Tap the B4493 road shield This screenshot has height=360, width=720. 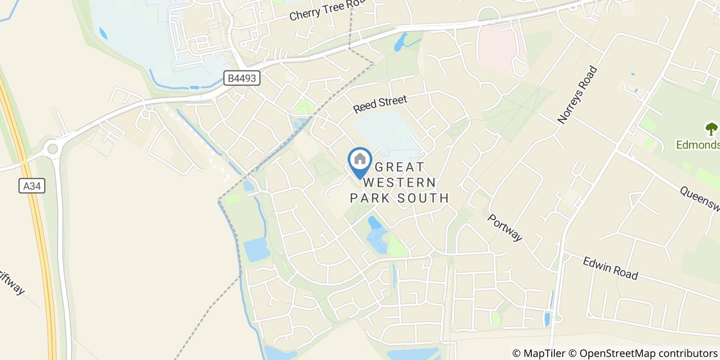pyautogui.click(x=242, y=79)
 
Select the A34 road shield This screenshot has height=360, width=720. pyautogui.click(x=32, y=186)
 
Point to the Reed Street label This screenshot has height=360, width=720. pyautogui.click(x=380, y=103)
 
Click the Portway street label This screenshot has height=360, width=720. pyautogui.click(x=505, y=228)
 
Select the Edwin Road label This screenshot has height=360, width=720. pyautogui.click(x=610, y=268)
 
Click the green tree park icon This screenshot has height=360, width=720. pyautogui.click(x=712, y=129)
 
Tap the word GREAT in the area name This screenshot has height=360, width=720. pyautogui.click(x=401, y=167)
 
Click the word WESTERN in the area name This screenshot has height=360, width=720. pyautogui.click(x=400, y=183)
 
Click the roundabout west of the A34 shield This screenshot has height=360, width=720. pyautogui.click(x=52, y=149)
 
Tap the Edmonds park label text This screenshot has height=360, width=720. pyautogui.click(x=698, y=145)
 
